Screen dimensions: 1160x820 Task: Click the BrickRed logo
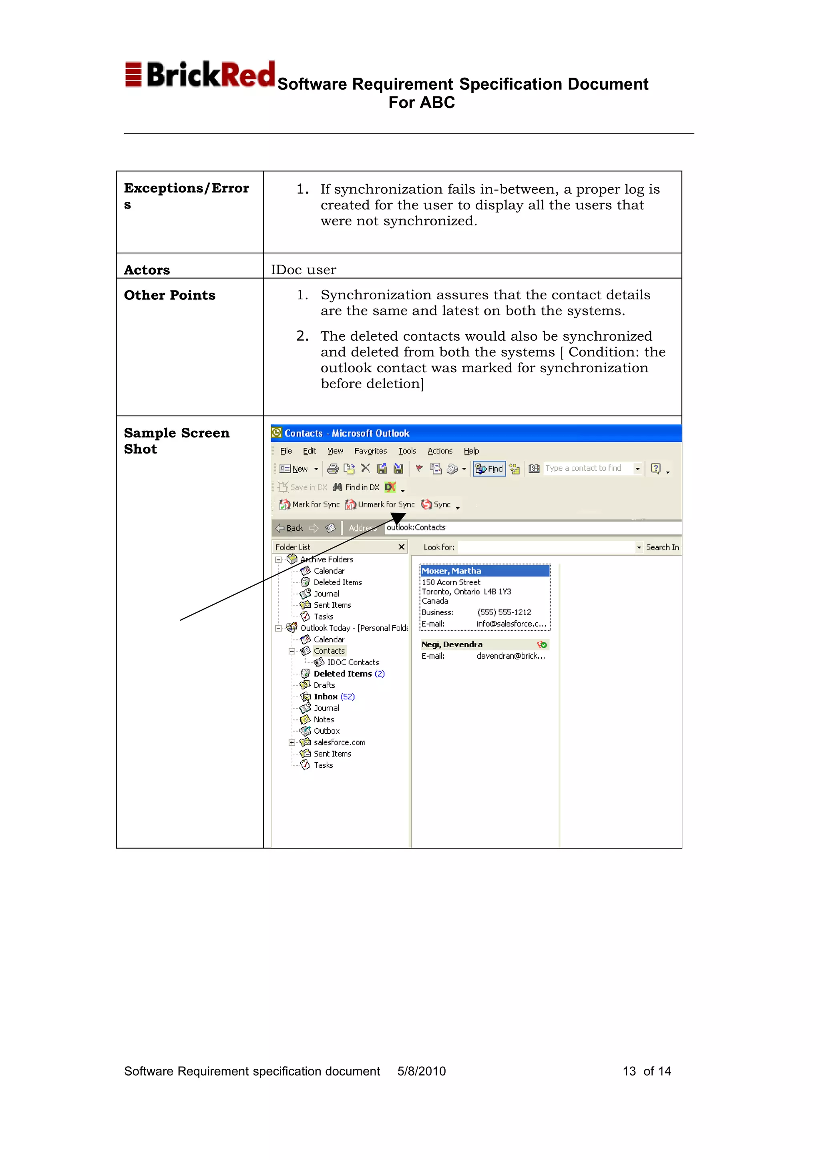click(199, 75)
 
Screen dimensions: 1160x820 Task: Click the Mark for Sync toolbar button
click(310, 504)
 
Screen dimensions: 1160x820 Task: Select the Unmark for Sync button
click(380, 504)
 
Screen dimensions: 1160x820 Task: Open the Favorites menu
click(370, 451)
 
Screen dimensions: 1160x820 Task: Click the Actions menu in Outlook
click(440, 451)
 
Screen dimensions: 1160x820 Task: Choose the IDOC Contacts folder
click(353, 662)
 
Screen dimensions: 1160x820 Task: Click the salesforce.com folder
click(339, 742)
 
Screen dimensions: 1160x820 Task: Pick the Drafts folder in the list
click(324, 685)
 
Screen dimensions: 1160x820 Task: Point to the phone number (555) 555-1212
click(504, 612)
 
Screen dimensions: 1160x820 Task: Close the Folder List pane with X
click(401, 547)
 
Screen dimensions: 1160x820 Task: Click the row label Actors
click(147, 270)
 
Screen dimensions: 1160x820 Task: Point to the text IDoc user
click(303, 270)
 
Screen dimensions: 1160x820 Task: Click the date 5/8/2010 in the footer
click(421, 1071)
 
